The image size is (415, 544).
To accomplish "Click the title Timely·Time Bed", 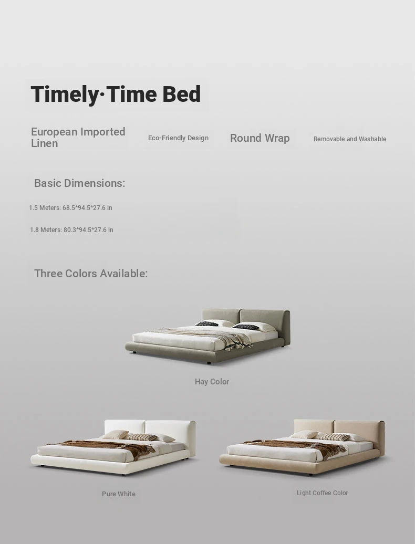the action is click(x=116, y=95).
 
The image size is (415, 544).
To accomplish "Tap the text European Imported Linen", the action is click(x=78, y=138).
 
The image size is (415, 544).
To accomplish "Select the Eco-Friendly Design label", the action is click(x=179, y=138).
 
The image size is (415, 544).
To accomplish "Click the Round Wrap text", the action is click(x=260, y=138).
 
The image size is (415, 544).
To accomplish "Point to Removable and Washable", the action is click(x=350, y=139).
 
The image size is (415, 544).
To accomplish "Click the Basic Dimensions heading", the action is click(x=80, y=183).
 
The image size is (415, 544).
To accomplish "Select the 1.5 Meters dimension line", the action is click(x=70, y=208).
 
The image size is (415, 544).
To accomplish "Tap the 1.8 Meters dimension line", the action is click(x=71, y=229).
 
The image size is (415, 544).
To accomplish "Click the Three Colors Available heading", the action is click(x=91, y=274).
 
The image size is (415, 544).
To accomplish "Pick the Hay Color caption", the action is click(x=212, y=382).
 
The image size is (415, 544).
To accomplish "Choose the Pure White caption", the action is click(x=119, y=494).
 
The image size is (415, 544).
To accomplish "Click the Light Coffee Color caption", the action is click(x=323, y=493).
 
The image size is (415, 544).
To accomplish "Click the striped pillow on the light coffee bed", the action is click(x=335, y=437).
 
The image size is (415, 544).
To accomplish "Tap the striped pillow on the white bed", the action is click(x=143, y=437).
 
